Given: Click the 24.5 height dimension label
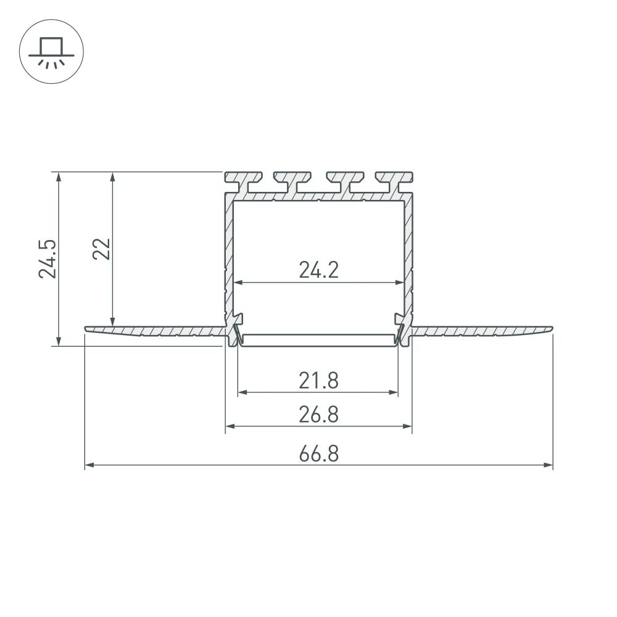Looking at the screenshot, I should [x=48, y=258].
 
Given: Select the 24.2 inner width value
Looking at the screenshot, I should [x=318, y=270].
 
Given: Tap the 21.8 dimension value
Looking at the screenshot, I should [x=318, y=381].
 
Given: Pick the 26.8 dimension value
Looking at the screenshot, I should [x=318, y=415].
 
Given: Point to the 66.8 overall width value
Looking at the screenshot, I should [x=318, y=454].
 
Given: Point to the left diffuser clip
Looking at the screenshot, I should [x=236, y=330].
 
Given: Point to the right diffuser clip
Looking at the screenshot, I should [x=401, y=330].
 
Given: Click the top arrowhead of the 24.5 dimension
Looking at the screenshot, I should [x=59, y=176].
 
